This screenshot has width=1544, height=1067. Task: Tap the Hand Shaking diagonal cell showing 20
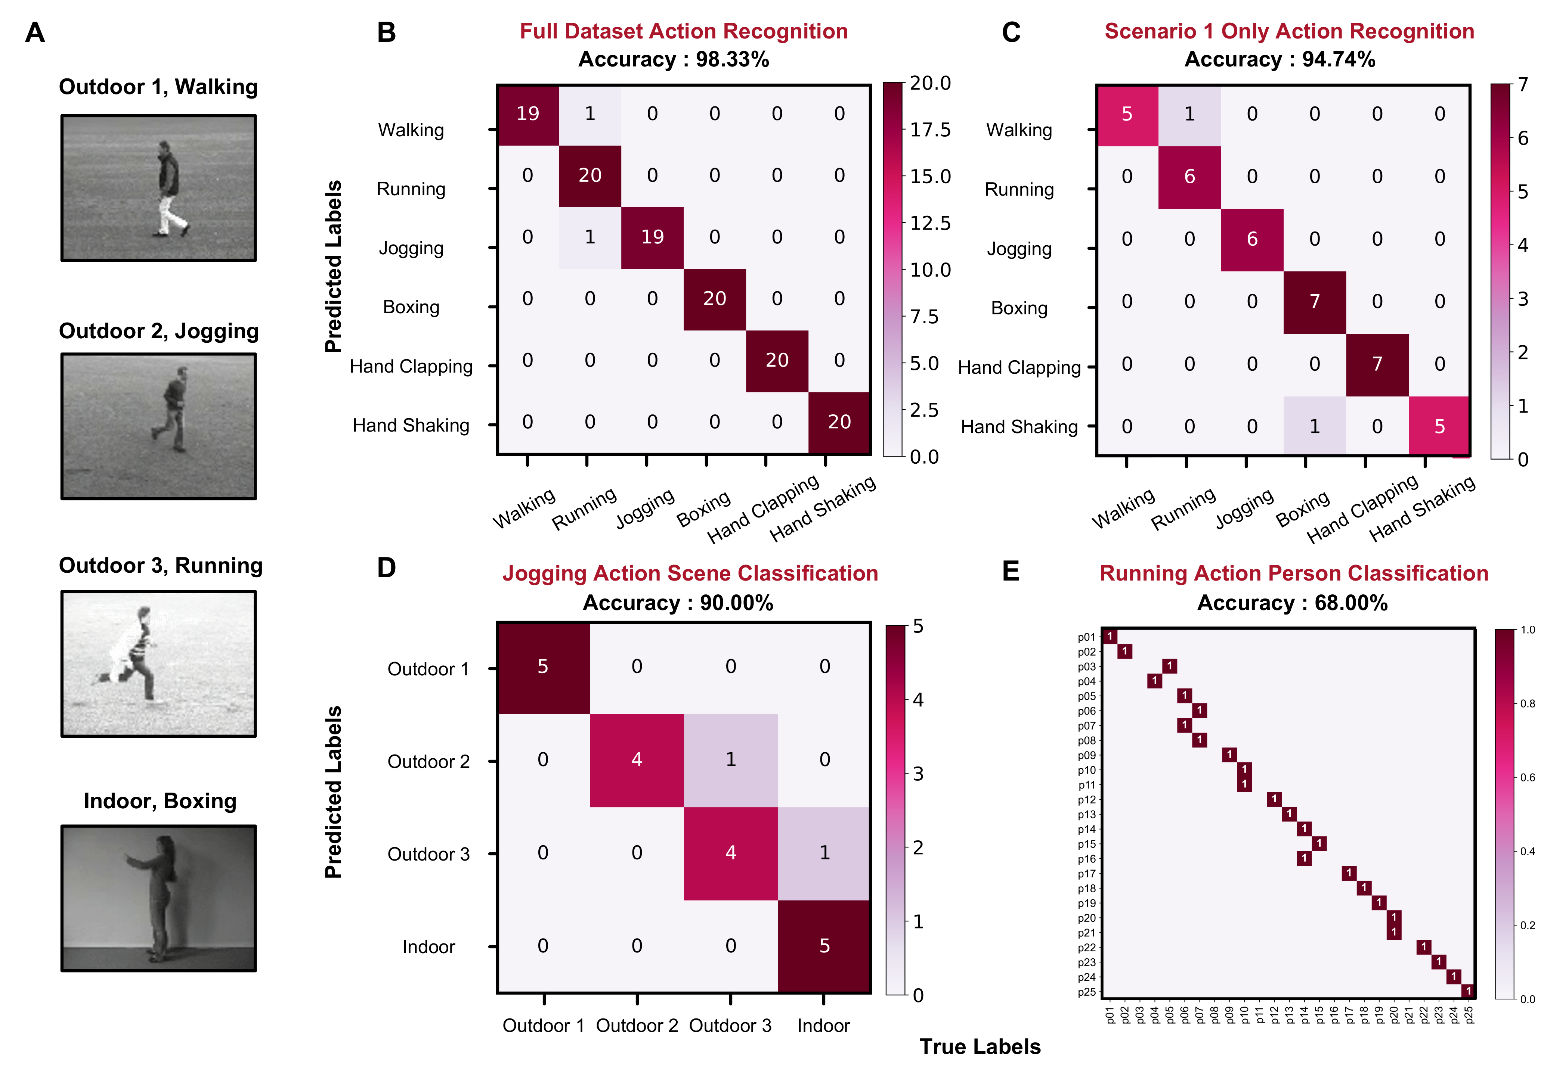pyautogui.click(x=839, y=422)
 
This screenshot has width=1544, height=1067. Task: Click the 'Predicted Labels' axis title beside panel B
pyautogui.click(x=333, y=266)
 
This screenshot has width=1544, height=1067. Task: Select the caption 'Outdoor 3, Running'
pyautogui.click(x=161, y=566)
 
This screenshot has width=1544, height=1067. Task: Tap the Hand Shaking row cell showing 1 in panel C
pyautogui.click(x=1315, y=426)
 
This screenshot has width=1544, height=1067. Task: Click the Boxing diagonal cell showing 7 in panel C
pyautogui.click(x=1315, y=302)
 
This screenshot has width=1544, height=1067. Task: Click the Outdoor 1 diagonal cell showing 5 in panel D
pyautogui.click(x=543, y=666)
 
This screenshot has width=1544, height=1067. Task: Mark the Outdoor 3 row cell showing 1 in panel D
pyautogui.click(x=824, y=852)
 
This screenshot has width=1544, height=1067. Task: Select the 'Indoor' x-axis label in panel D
pyautogui.click(x=823, y=1026)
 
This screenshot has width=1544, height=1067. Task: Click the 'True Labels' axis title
pyautogui.click(x=980, y=1046)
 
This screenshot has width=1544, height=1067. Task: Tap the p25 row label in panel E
pyautogui.click(x=1086, y=992)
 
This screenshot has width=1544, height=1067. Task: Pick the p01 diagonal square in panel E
pyautogui.click(x=1110, y=637)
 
